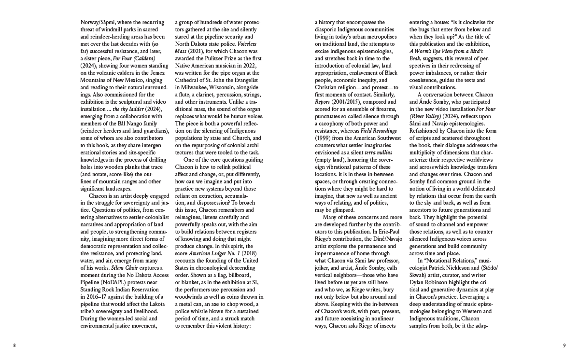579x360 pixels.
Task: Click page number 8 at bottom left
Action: pyautogui.click(x=15, y=345)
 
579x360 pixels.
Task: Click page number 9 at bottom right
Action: pyautogui.click(x=564, y=345)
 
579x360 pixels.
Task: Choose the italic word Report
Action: pyautogui.click(x=324, y=102)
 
